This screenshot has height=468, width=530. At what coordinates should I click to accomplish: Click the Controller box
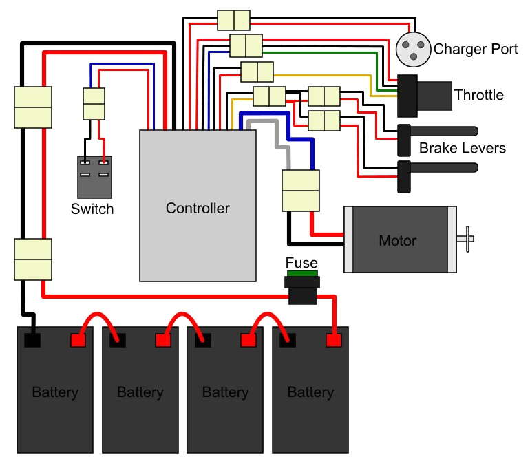[x=198, y=206]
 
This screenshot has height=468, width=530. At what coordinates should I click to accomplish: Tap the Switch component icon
[x=94, y=177]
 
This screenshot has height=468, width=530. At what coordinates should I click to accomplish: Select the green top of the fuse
[x=301, y=274]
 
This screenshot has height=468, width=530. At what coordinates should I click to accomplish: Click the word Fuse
[x=301, y=263]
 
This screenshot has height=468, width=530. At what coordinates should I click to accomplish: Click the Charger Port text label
[x=471, y=50]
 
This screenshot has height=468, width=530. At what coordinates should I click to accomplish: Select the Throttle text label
[x=478, y=95]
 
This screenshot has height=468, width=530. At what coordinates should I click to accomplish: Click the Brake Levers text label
[x=462, y=148]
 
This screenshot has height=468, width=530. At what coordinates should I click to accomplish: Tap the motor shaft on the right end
[x=467, y=239]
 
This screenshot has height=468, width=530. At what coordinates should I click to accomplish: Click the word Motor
[x=398, y=241]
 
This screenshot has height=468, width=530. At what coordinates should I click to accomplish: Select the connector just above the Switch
[x=94, y=105]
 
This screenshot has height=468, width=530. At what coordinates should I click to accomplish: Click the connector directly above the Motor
[x=301, y=191]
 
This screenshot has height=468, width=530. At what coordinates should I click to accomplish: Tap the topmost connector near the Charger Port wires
[x=233, y=19]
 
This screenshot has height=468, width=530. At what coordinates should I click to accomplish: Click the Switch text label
[x=92, y=209]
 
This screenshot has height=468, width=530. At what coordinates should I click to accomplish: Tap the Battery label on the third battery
[x=225, y=393]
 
